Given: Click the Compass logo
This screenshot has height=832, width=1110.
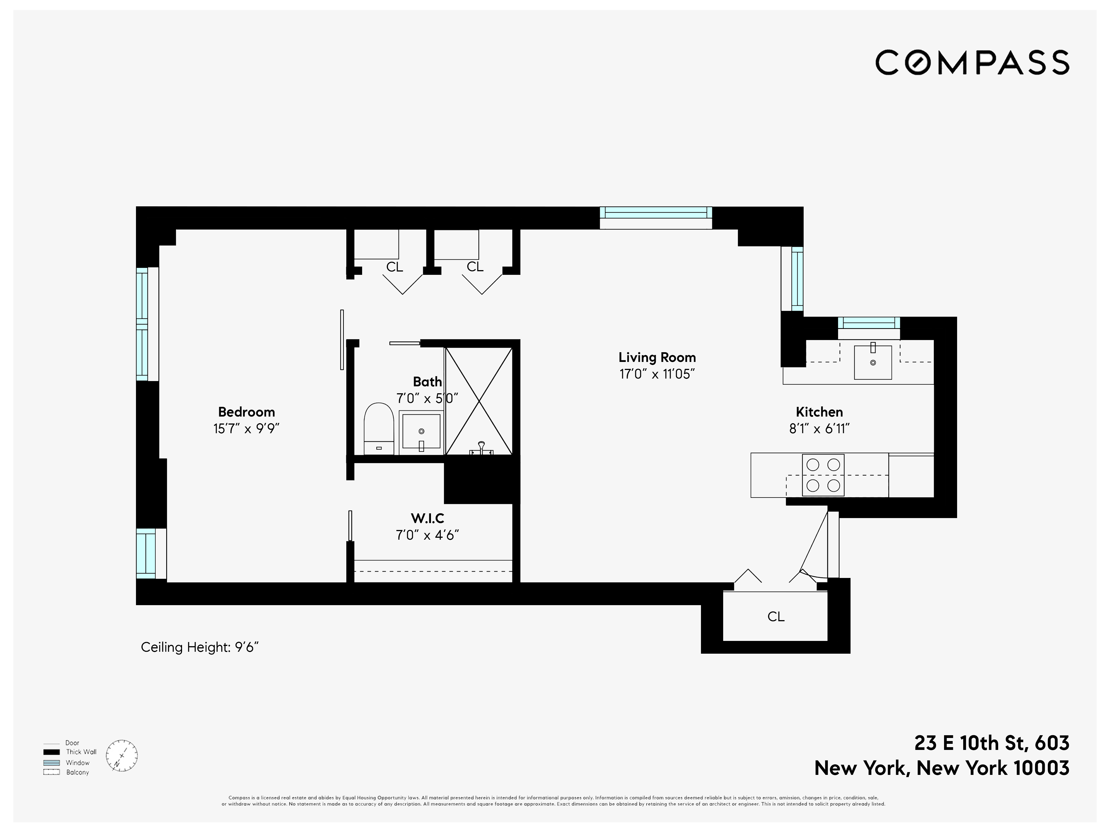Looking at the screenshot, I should pos(972,63).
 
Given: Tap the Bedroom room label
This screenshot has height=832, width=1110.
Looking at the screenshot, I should pos(246,412).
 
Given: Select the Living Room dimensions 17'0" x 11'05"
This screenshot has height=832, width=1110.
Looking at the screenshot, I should pos(657,374).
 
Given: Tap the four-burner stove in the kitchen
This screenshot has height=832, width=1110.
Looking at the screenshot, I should pos(823,475).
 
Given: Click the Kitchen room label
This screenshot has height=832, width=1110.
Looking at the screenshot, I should pos(819,412).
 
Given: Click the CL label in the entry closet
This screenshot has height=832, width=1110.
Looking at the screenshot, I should pos(776,617).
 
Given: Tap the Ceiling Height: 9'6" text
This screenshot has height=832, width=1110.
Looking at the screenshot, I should pos(199,648).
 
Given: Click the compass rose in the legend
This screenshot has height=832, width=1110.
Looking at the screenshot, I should pos(122,756).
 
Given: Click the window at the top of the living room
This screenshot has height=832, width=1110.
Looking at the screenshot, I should pos(656,213).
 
